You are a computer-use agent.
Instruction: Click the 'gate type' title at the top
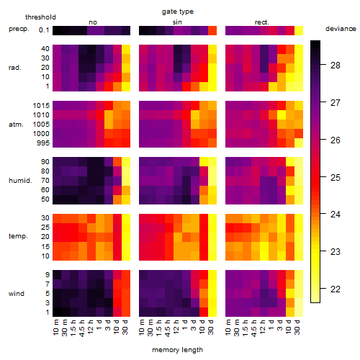point(178,12)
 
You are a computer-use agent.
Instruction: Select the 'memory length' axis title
point(177,350)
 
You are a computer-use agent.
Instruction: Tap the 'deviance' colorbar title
point(341,29)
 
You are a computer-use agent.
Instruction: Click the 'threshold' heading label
point(40,17)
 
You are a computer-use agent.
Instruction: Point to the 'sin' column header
point(177,22)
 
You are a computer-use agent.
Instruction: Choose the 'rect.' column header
point(262,22)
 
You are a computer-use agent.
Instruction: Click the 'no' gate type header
point(93,22)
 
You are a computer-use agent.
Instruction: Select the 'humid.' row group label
point(20,181)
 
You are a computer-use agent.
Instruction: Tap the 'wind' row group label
point(17,294)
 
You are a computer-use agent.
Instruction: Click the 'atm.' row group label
point(16,125)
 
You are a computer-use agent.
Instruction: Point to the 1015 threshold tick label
point(41,106)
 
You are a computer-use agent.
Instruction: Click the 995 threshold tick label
point(43,143)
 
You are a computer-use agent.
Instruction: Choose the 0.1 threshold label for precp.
point(44,30)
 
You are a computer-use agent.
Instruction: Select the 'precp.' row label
point(19,30)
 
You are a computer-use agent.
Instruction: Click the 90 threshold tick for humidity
point(45,162)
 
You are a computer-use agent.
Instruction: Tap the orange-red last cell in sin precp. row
point(212,30)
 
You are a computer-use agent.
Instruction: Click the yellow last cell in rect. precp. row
point(299,30)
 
